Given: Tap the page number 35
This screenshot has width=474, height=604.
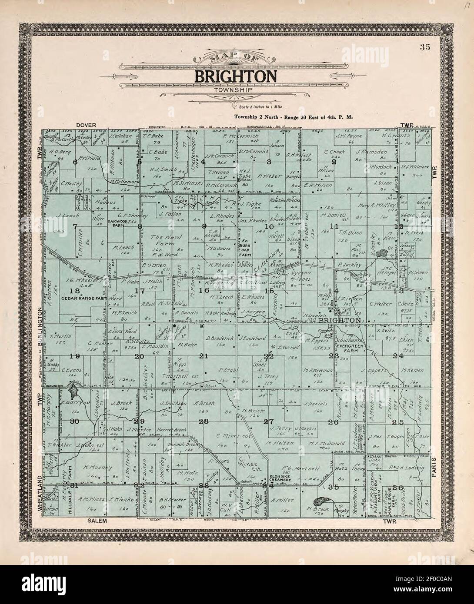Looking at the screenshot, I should coord(425,48).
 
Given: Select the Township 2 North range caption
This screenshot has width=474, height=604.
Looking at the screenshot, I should coord(293,116).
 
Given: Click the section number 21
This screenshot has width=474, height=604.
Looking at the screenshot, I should coord(204,356).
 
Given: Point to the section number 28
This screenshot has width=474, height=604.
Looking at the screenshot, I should coord(204,421).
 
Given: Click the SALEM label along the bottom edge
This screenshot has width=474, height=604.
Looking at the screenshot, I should coord(96,520).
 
